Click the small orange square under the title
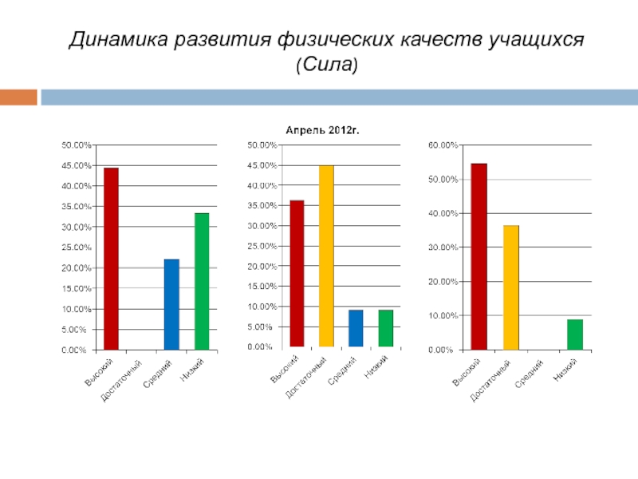click(x=18, y=97)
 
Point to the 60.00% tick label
click(x=443, y=145)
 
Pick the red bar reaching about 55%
click(x=478, y=256)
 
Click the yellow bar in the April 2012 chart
click(x=326, y=255)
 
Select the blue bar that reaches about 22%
click(x=171, y=304)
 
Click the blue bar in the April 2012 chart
click(x=356, y=328)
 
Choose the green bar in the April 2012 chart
click(x=386, y=328)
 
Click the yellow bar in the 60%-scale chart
click(x=510, y=287)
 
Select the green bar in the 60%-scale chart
click(x=575, y=335)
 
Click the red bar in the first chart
click(x=111, y=259)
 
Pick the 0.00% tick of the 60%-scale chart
click(x=442, y=350)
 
